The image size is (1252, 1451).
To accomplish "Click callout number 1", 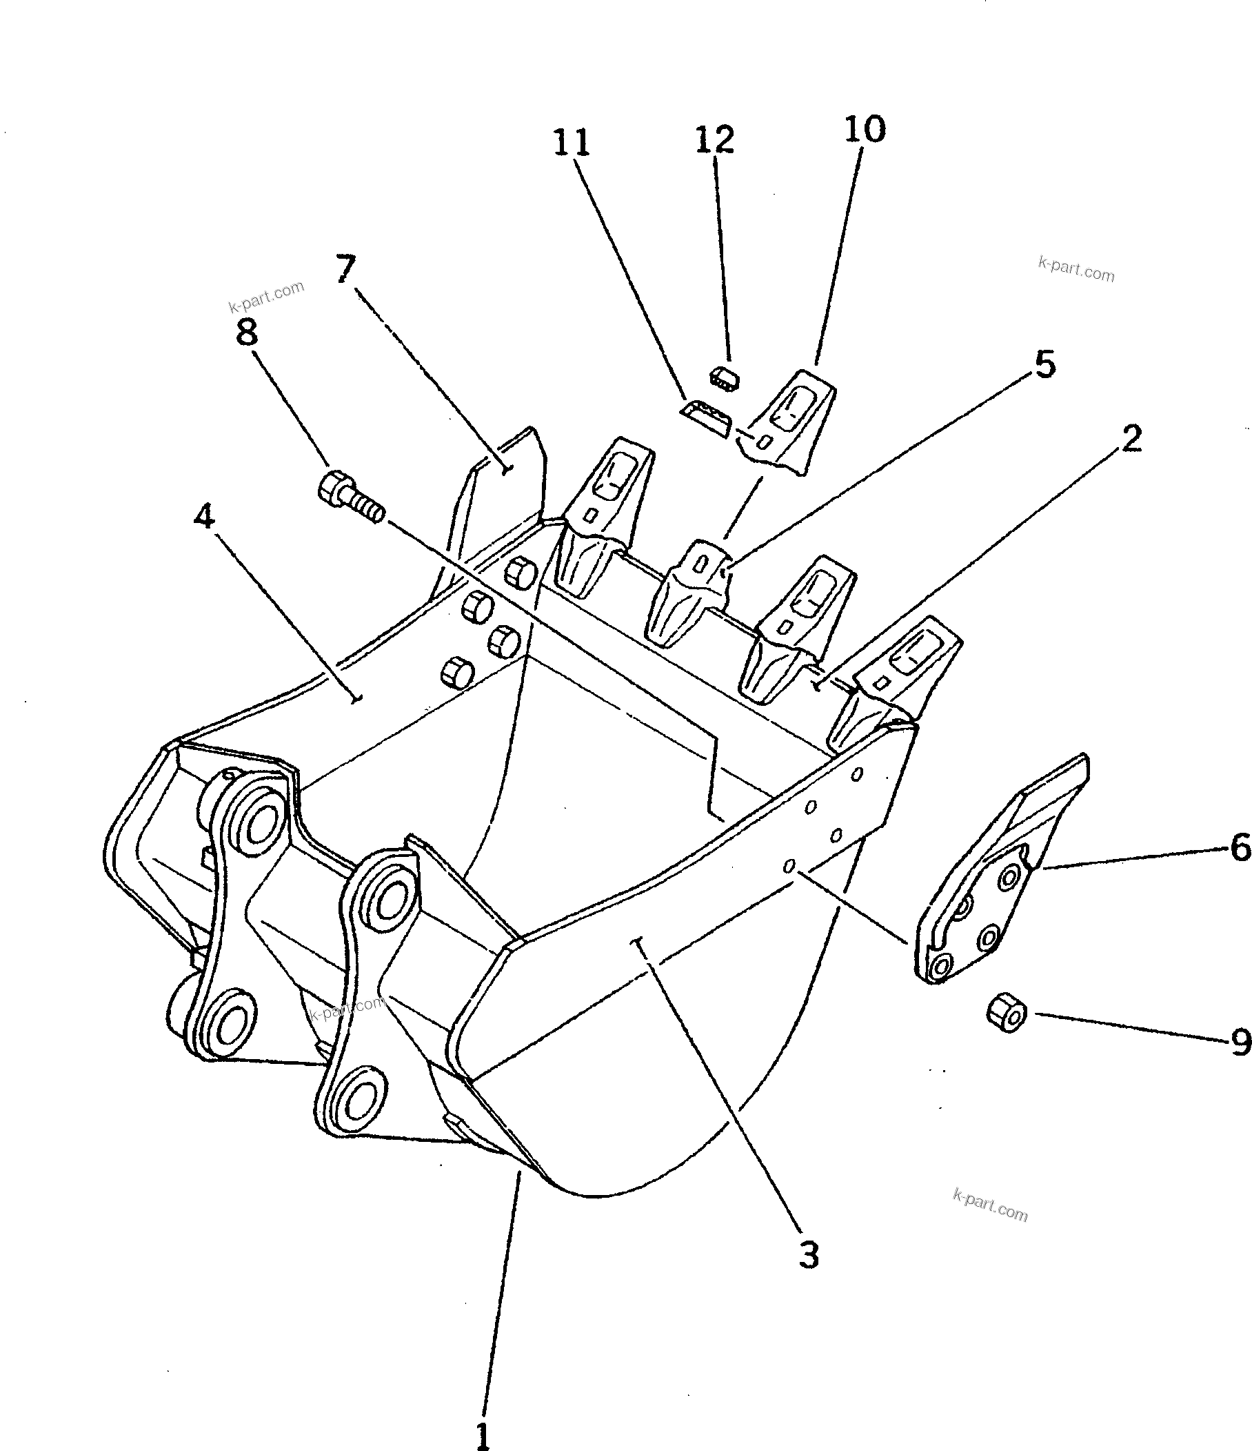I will [x=483, y=1431].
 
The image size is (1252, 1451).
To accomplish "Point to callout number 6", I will [x=1240, y=848].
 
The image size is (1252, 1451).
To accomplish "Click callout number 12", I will [x=714, y=139].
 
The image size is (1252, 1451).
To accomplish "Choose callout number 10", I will [x=865, y=129].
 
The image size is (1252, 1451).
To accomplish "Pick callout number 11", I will [x=572, y=142].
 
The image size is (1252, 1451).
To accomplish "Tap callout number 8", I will [x=246, y=331].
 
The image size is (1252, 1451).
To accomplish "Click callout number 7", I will [x=345, y=268].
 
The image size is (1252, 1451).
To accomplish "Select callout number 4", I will [x=203, y=516].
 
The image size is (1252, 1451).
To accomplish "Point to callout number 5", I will [x=1044, y=364].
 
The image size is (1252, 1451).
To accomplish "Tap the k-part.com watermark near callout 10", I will [x=1076, y=269].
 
